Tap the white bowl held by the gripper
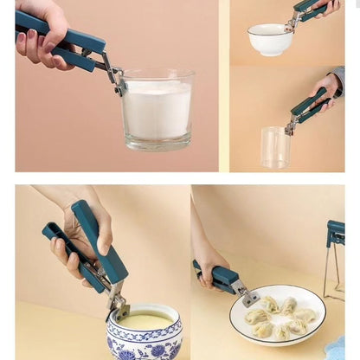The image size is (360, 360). [270, 40]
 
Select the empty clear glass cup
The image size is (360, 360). [275, 147]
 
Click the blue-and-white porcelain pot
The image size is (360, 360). [145, 336]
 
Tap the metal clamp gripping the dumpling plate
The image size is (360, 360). [248, 297]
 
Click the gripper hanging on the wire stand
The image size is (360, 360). [336, 233]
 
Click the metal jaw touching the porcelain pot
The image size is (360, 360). [117, 305]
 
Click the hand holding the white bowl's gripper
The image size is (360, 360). [331, 7]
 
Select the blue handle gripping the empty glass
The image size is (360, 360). [309, 106]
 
